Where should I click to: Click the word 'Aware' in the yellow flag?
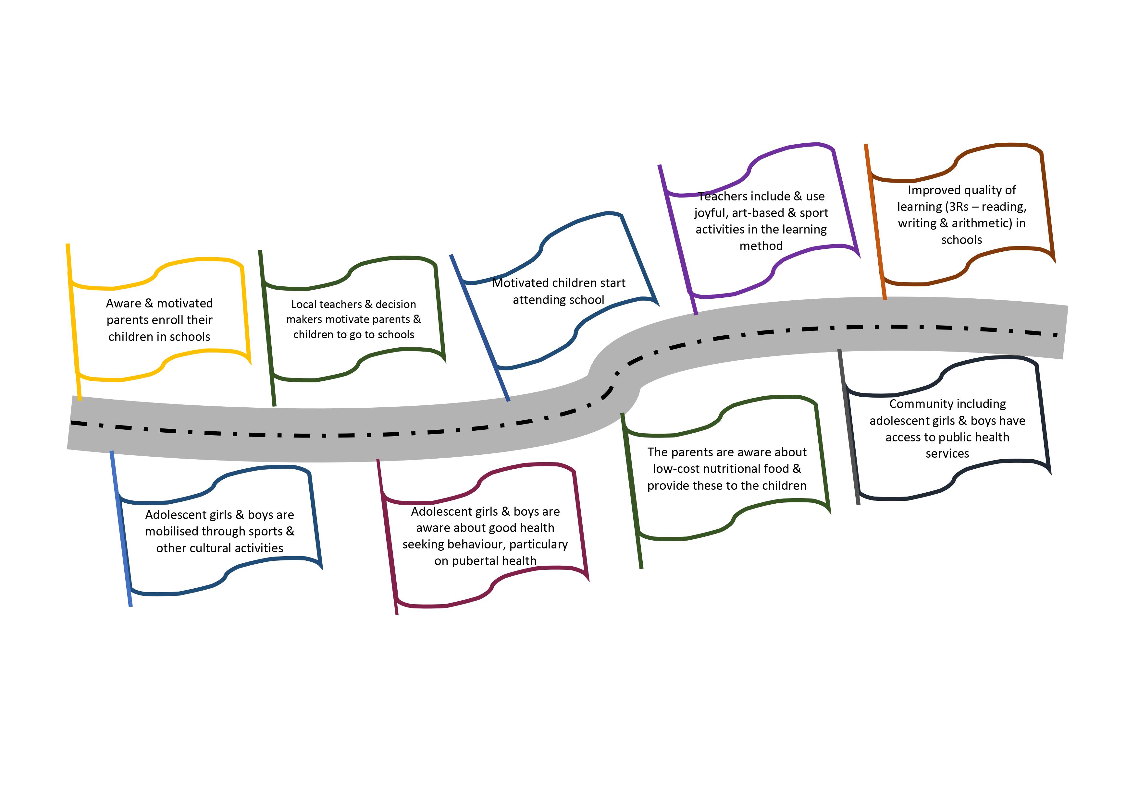[124, 303]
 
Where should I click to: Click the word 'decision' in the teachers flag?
[395, 304]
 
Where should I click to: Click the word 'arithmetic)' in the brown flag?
[982, 223]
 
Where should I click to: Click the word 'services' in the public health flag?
[947, 453]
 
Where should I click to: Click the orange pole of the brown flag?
[875, 223]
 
